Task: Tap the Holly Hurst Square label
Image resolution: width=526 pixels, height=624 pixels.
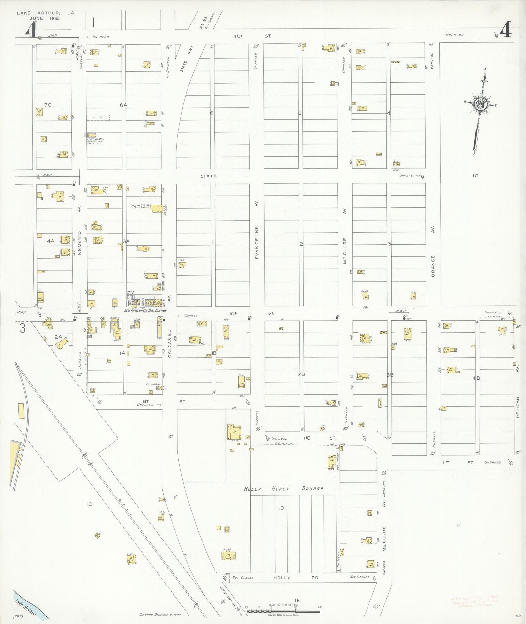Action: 283,488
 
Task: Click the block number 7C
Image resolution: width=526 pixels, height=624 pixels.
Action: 48,105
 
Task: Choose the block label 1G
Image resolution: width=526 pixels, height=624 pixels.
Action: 475,176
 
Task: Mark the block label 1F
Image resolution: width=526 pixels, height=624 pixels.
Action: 458,525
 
